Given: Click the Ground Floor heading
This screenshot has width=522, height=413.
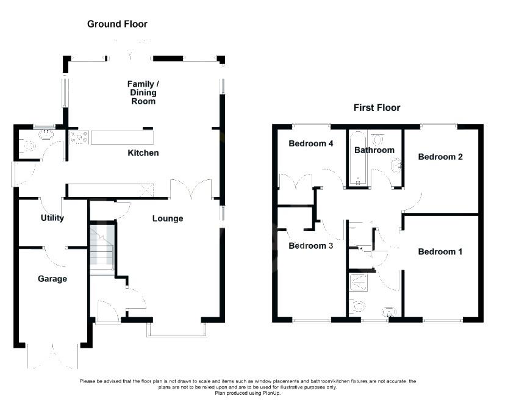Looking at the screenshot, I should [117, 24].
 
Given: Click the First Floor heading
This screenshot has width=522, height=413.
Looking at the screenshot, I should [377, 108].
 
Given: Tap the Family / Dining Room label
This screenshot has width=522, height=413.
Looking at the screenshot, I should [142, 92].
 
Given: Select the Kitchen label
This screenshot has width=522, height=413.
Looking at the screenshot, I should [143, 153].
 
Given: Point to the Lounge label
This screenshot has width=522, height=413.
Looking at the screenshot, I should [168, 218].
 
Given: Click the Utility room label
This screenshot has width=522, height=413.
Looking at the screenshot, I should [52, 218].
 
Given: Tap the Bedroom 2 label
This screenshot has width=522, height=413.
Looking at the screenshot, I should [440, 157].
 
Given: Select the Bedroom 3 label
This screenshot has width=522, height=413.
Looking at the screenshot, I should [311, 246].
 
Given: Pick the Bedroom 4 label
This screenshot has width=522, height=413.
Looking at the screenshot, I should [311, 144].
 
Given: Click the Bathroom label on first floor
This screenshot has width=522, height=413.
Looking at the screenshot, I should [375, 150].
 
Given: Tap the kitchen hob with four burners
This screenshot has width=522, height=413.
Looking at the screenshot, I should [79, 137].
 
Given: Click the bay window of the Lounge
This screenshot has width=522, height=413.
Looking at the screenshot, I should [177, 331].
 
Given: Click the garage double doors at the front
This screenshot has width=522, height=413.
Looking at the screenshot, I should [52, 357].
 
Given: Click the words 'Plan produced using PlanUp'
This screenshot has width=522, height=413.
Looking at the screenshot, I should [247, 393].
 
